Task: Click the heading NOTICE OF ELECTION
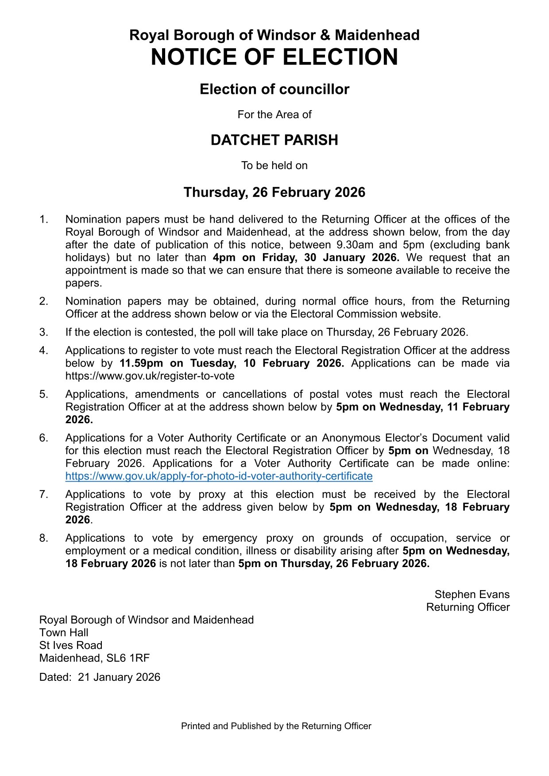(x=274, y=57)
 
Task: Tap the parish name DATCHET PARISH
(x=274, y=140)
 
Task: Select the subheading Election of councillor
(x=274, y=89)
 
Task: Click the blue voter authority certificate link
(x=219, y=476)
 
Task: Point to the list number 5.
(x=43, y=394)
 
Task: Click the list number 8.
(x=43, y=538)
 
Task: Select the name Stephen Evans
(x=472, y=595)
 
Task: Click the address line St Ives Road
(x=71, y=645)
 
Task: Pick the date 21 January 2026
(x=119, y=677)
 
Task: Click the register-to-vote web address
(x=150, y=376)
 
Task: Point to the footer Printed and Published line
(x=276, y=726)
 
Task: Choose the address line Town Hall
(x=64, y=633)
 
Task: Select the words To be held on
(x=274, y=166)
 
